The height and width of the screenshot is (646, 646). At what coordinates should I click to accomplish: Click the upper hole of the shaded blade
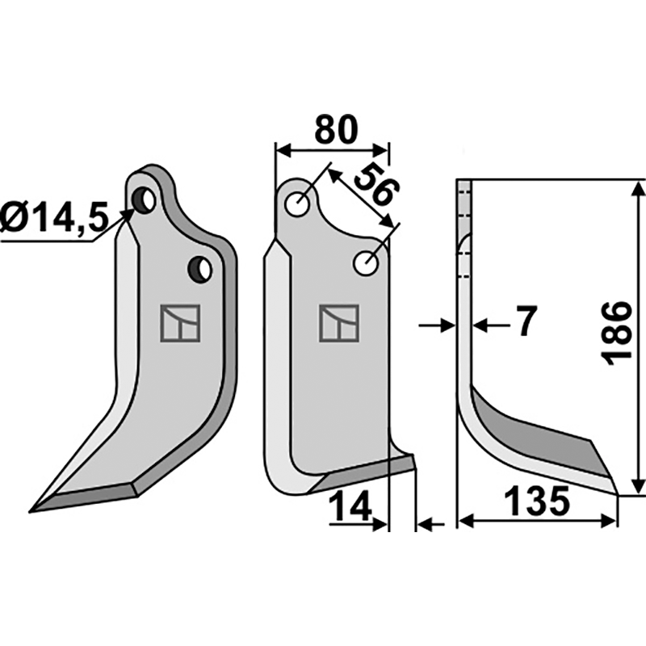pyautogui.click(x=145, y=199)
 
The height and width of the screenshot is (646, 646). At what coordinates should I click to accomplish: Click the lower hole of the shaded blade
pyautogui.click(x=199, y=269)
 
